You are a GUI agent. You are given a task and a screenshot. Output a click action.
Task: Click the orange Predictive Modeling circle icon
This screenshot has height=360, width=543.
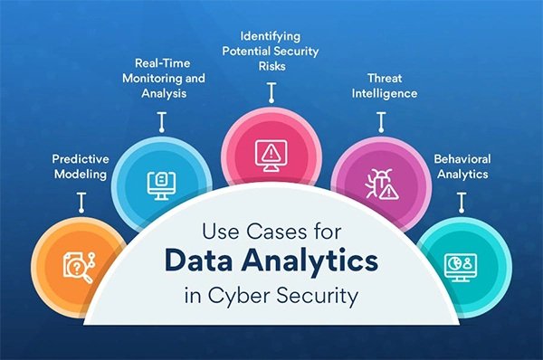pyautogui.click(x=76, y=263)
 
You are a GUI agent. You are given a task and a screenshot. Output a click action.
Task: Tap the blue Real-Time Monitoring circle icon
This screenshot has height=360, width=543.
pyautogui.click(x=160, y=184)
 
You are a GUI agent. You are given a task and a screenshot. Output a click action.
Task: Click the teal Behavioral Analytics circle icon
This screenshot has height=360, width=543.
pyautogui.click(x=463, y=263)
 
